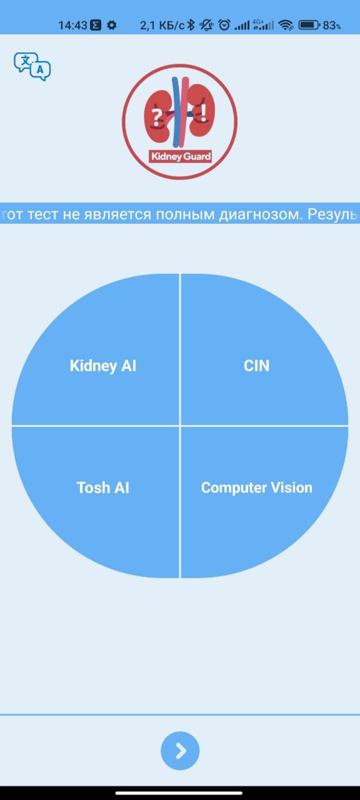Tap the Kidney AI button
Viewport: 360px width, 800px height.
pyautogui.click(x=103, y=366)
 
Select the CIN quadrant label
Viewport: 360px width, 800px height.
pyautogui.click(x=256, y=366)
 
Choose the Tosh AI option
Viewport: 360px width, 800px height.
pyautogui.click(x=103, y=488)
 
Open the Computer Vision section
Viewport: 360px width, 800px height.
pyautogui.click(x=256, y=488)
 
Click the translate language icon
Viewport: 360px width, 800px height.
pyautogui.click(x=32, y=66)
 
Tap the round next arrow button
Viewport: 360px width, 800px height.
pyautogui.click(x=180, y=751)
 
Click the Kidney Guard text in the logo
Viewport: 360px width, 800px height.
pyautogui.click(x=180, y=157)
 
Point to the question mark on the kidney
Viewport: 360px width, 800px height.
pyautogui.click(x=156, y=117)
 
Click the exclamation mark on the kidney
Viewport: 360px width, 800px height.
pyautogui.click(x=204, y=112)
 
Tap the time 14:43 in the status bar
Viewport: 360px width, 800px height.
pyautogui.click(x=72, y=25)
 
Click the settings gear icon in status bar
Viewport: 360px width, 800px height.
pyautogui.click(x=112, y=25)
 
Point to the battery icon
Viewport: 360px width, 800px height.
pyautogui.click(x=309, y=25)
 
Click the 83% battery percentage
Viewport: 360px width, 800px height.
pyautogui.click(x=332, y=26)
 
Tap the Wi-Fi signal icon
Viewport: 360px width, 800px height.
pyautogui.click(x=286, y=25)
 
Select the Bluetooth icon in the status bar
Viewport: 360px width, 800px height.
pyautogui.click(x=191, y=25)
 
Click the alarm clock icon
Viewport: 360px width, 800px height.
pyautogui.click(x=224, y=25)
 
